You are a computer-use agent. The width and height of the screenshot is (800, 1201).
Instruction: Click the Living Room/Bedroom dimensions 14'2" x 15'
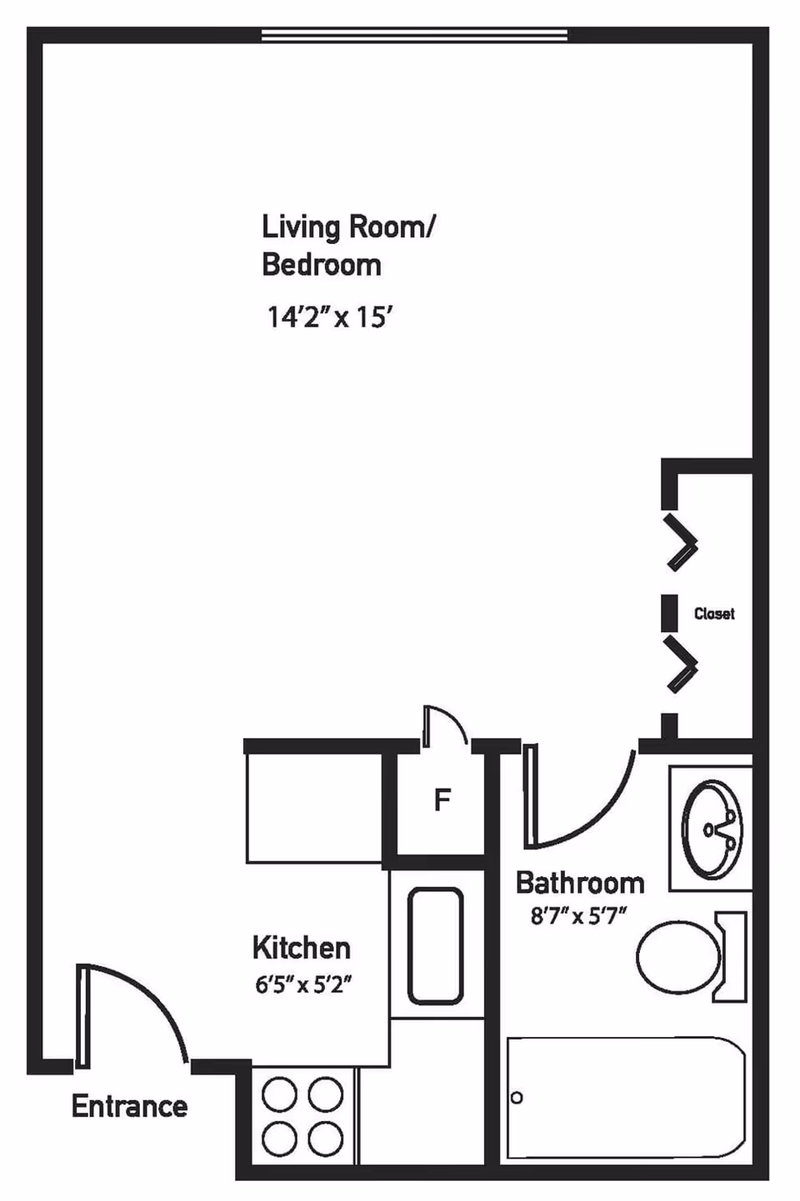tap(329, 317)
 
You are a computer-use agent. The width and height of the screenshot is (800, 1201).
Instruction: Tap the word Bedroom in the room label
tap(321, 265)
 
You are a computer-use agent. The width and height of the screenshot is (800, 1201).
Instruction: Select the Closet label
tap(714, 614)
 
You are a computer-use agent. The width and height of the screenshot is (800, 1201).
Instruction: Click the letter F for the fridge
tap(442, 800)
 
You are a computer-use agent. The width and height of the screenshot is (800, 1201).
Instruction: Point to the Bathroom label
tap(580, 883)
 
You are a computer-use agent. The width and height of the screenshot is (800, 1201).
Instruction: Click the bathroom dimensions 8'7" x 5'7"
tap(578, 917)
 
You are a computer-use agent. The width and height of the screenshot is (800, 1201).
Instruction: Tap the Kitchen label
tap(301, 948)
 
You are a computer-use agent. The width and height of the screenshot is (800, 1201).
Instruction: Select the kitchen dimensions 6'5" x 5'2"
tap(303, 985)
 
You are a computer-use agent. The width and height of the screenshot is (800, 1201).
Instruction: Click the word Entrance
tap(129, 1106)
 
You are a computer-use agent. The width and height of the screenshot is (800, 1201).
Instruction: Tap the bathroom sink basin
tap(711, 830)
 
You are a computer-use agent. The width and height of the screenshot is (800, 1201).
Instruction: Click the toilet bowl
tap(677, 956)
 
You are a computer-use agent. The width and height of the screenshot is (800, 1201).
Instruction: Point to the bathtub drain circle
tap(517, 1098)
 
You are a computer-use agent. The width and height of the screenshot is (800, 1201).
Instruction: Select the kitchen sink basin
tap(435, 945)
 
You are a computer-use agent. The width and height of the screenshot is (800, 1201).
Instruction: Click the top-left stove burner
tap(279, 1094)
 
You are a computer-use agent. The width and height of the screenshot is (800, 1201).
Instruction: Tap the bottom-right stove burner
tap(325, 1138)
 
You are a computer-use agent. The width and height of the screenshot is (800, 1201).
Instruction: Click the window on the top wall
tap(414, 35)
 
